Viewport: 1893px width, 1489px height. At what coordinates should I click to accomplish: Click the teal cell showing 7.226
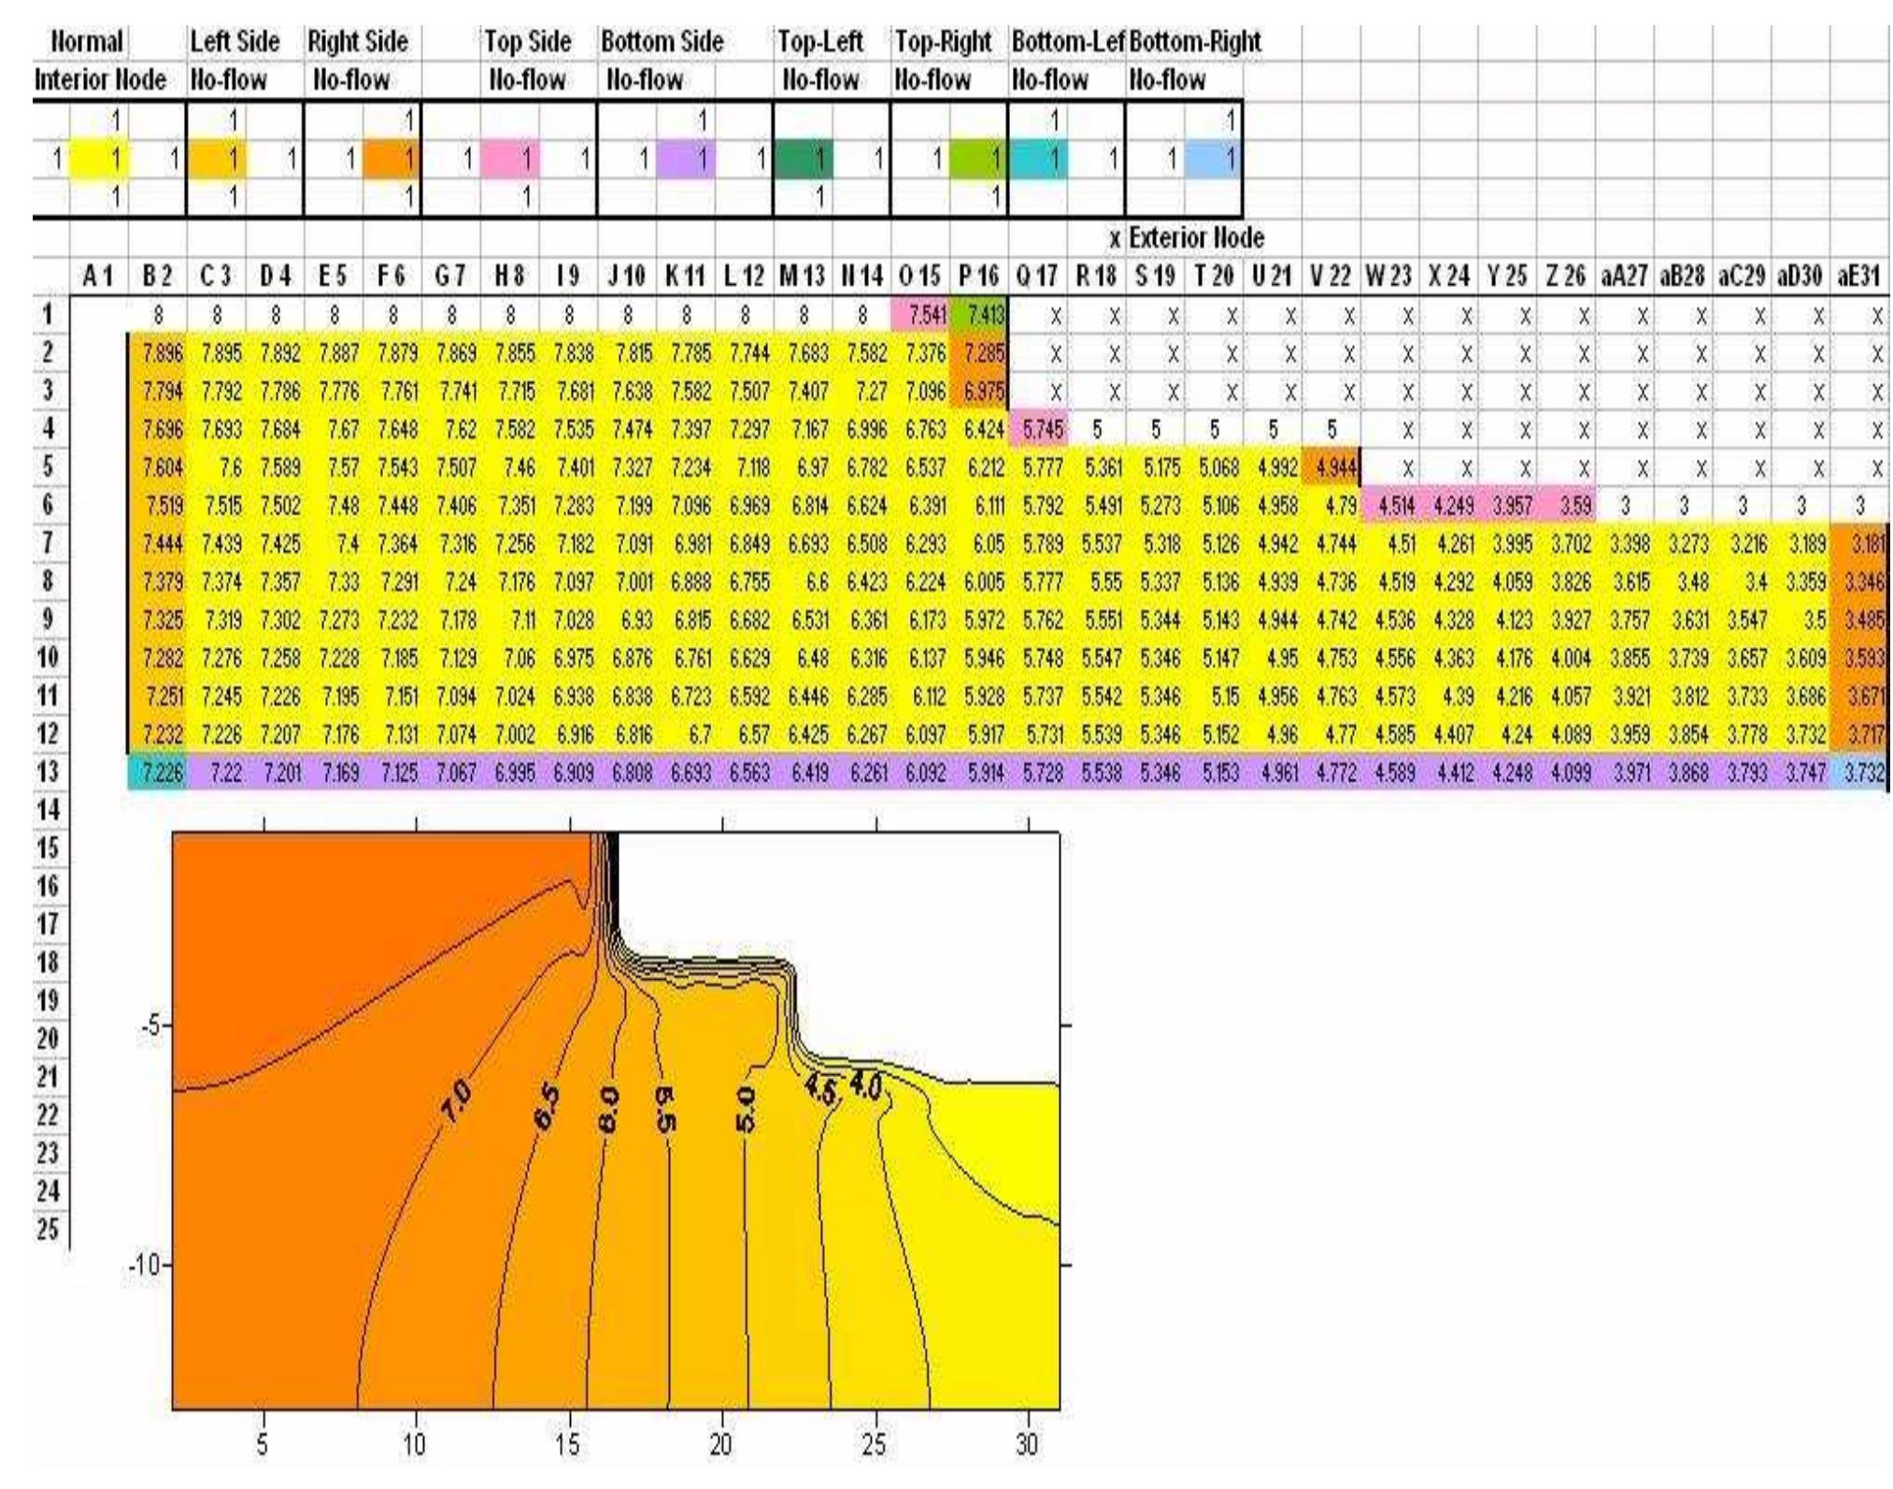pos(157,773)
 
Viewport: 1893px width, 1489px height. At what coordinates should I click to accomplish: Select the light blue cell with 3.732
pos(1861,773)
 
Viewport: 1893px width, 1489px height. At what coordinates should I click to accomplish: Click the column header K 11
pos(684,277)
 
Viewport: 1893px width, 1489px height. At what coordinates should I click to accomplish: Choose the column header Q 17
pos(1037,277)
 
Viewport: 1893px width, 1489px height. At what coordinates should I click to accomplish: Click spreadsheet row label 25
pos(47,1229)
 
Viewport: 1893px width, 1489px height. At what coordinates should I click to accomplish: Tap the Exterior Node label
pos(1196,238)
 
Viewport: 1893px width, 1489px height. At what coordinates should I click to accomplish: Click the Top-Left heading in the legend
pos(821,42)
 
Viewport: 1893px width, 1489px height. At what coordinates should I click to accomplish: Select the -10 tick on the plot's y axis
pos(148,1266)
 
